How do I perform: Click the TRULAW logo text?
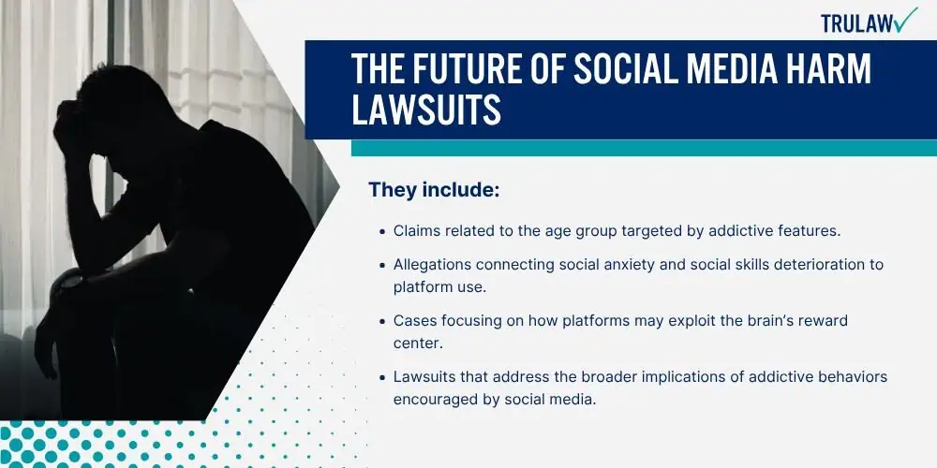pos(856,22)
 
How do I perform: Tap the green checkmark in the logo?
pos(906,19)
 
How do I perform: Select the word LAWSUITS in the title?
pos(426,110)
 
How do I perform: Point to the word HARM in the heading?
pos(826,70)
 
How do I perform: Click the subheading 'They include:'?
pos(434,190)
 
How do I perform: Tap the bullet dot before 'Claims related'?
pos(382,231)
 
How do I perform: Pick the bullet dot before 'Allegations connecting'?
pos(382,265)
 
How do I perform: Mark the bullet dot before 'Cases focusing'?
pos(382,321)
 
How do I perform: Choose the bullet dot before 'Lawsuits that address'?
pos(382,378)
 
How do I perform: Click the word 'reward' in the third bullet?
pos(824,321)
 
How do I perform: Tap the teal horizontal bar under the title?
pos(644,148)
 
